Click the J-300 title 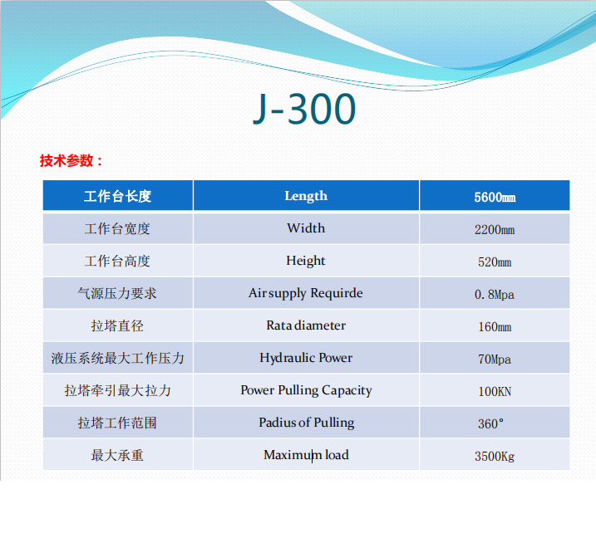tap(304, 109)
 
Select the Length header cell tap(306, 196)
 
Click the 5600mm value tap(495, 197)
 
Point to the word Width tap(306, 227)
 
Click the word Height tap(306, 261)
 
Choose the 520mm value tap(495, 262)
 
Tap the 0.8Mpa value tap(495, 294)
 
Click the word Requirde tap(337, 293)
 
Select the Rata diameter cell tap(306, 325)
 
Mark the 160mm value tap(495, 326)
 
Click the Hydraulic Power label tap(306, 358)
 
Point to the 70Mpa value tap(495, 359)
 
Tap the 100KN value tap(495, 392)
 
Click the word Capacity tap(347, 390)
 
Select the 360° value tap(490, 423)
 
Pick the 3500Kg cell tap(495, 456)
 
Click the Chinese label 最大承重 tap(117, 455)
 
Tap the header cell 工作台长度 tap(117, 196)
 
